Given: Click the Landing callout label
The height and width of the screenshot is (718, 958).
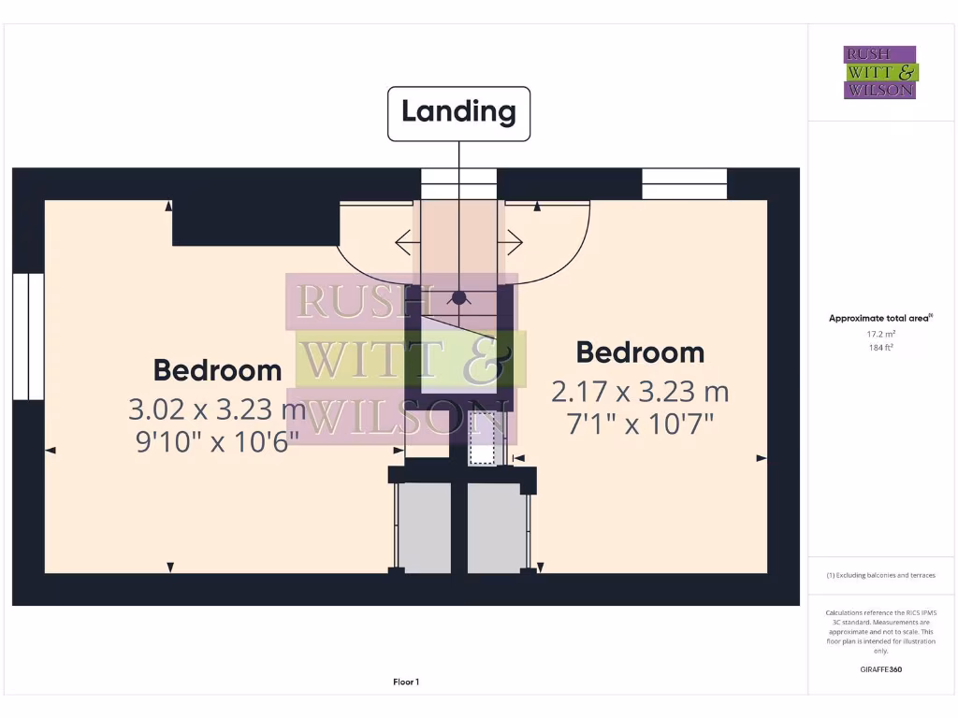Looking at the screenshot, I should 458,113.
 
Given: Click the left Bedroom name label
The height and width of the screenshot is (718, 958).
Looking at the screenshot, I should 217,370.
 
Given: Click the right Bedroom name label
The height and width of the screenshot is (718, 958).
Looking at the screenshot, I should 640,352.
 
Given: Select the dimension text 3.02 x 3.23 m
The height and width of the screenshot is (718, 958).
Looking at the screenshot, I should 217,409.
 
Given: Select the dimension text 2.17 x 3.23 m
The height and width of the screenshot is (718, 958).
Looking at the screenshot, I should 640,391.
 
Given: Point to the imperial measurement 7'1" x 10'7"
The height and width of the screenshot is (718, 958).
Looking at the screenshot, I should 640,424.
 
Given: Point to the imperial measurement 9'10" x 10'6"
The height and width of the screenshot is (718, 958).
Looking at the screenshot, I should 217,441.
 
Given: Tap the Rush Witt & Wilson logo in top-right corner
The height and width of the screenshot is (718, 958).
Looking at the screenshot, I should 880,73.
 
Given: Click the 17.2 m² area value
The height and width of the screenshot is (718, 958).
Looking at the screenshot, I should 880,334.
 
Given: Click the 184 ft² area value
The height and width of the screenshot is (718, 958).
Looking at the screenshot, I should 880,348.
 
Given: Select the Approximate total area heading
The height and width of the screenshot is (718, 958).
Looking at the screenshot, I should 879,319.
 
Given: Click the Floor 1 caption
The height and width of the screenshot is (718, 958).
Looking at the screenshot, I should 406,682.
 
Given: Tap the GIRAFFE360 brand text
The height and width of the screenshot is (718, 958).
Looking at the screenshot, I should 880,669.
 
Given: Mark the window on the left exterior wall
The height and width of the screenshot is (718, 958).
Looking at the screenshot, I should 28,337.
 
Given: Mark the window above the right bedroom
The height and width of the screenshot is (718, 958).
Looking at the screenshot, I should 685,184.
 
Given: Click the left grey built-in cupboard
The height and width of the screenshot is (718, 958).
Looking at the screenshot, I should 424,528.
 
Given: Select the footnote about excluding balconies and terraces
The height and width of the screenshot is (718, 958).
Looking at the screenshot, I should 880,575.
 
